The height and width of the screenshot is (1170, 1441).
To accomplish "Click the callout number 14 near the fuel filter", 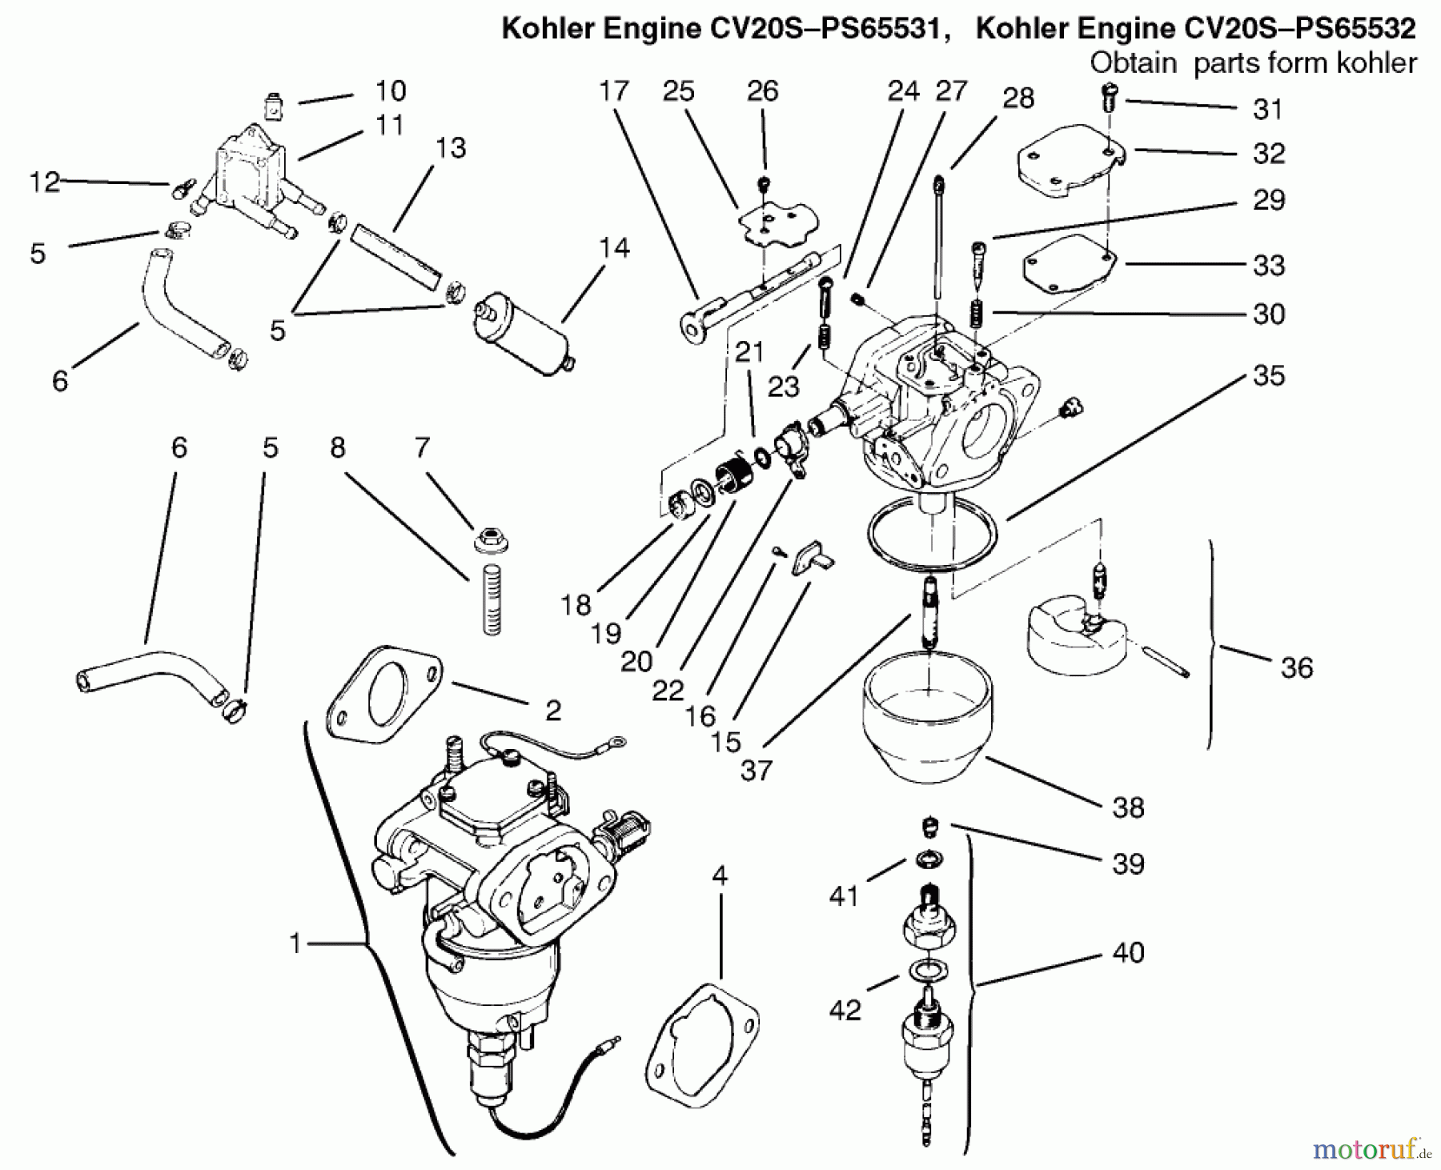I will (613, 247).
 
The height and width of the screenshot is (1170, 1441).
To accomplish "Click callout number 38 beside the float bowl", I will (1128, 807).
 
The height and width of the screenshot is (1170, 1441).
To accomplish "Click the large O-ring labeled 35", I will (933, 532).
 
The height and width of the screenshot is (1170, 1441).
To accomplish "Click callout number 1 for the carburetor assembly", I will (295, 944).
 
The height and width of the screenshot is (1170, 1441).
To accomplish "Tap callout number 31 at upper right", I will (1267, 109).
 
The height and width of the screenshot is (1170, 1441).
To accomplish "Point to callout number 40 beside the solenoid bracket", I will (1128, 952).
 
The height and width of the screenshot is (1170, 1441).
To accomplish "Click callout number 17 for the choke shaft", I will (614, 91).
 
